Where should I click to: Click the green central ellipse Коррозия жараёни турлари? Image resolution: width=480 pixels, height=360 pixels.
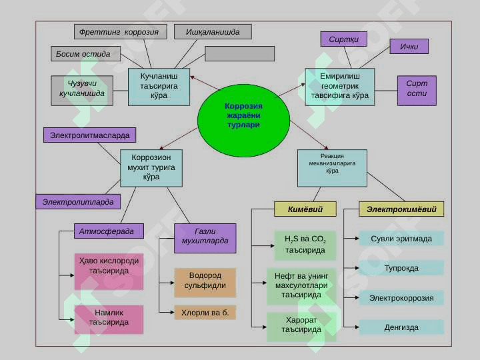pos(244,120)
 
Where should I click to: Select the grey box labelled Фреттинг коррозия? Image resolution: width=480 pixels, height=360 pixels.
pos(120,32)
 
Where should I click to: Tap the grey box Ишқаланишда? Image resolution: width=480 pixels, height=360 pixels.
pos(213,32)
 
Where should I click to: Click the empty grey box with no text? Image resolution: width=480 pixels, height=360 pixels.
pos(240,54)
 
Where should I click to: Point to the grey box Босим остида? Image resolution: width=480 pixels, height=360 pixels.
pos(86,54)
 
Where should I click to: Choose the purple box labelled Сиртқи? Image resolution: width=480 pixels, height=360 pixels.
pos(344,39)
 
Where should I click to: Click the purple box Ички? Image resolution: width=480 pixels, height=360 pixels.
pos(409,47)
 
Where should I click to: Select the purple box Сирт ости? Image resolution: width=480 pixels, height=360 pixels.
pos(417,91)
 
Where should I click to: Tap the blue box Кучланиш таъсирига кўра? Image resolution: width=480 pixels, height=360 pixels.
pos(159,87)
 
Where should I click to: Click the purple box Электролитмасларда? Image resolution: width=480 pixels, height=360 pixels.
pos(90,135)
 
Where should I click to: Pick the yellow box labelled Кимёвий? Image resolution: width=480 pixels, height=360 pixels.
pos(305,209)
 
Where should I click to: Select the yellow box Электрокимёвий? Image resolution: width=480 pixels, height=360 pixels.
pos(401,209)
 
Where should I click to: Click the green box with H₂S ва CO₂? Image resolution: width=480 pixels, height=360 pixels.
pos(305,245)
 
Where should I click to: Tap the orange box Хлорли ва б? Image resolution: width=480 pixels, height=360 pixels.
pos(205,312)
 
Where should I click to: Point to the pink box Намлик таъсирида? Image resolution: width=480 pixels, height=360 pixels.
pos(109,319)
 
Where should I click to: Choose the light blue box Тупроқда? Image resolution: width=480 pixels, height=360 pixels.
pos(401,268)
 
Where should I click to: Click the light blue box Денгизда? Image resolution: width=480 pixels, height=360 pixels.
pos(401,327)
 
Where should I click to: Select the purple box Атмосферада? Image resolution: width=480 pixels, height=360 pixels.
pos(109,231)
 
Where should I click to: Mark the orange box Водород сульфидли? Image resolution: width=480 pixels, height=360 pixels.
pos(205,283)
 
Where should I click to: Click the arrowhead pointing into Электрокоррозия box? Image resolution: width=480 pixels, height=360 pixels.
pos(357,297)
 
